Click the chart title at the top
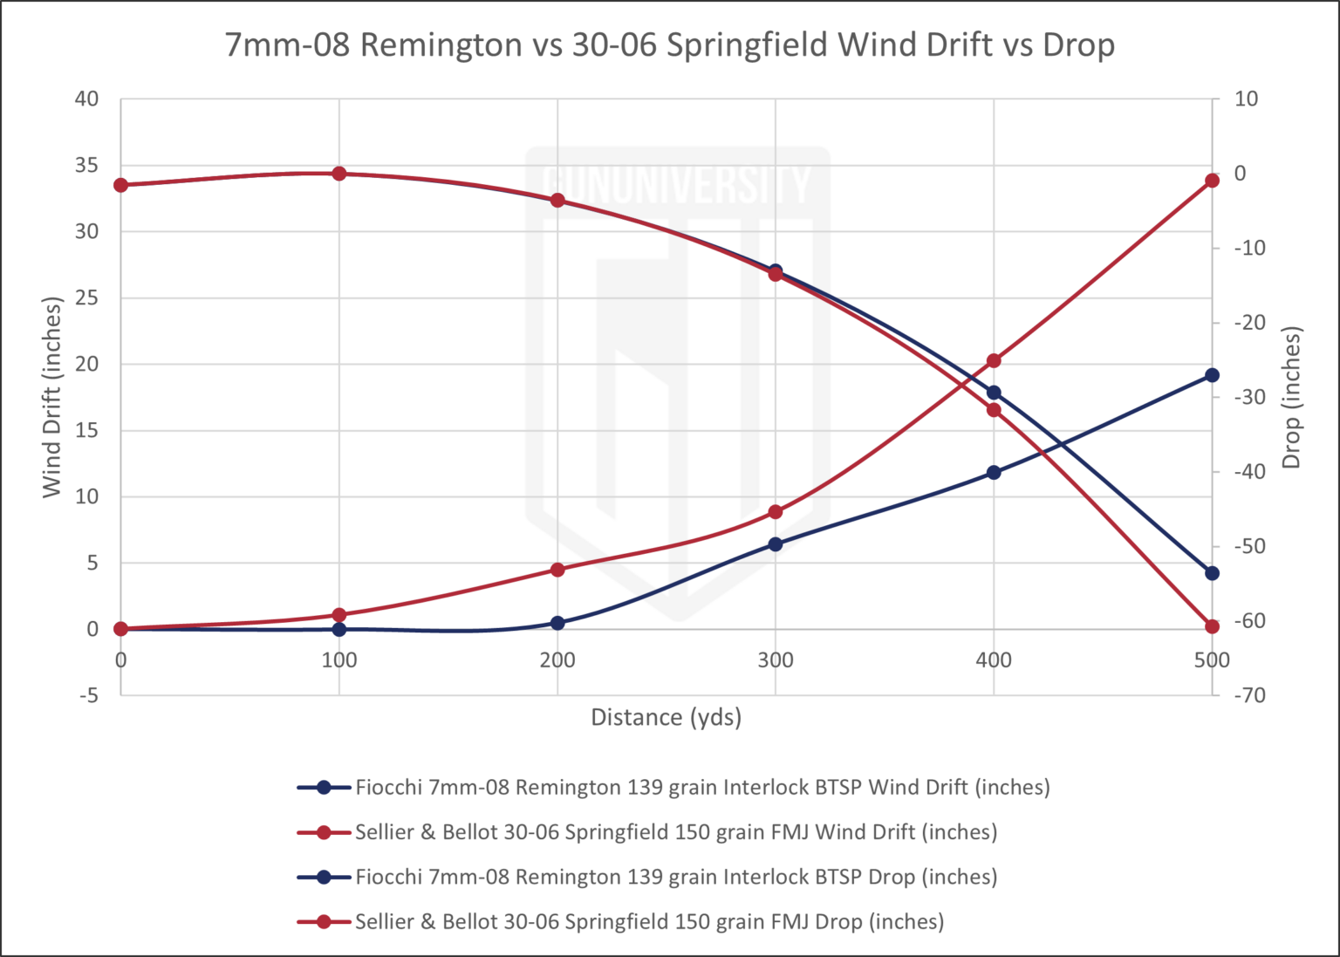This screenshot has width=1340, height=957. click(670, 44)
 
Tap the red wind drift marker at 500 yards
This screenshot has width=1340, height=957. click(1212, 181)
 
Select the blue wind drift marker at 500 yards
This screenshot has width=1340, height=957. click(1212, 375)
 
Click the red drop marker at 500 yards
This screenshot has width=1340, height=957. click(1212, 626)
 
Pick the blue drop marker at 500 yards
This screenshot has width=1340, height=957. click(1212, 573)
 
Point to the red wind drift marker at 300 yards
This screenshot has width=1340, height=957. click(776, 512)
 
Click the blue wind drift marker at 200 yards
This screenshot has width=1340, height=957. click(557, 623)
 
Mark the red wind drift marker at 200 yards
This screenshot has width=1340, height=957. click(557, 570)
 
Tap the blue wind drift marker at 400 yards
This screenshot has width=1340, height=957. click(994, 473)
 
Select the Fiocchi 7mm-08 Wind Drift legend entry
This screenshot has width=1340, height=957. click(701, 788)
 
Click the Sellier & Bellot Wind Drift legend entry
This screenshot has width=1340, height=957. click(675, 832)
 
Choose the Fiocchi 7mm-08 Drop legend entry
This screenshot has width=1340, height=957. click(675, 877)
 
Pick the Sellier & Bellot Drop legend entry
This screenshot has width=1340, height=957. click(648, 921)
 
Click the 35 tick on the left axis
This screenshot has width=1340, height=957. click(86, 166)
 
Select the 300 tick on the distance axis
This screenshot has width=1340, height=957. click(776, 660)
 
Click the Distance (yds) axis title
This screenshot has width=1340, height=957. click(667, 717)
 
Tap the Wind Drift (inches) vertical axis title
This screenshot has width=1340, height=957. click(53, 397)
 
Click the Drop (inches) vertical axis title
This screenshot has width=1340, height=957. click(1292, 397)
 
